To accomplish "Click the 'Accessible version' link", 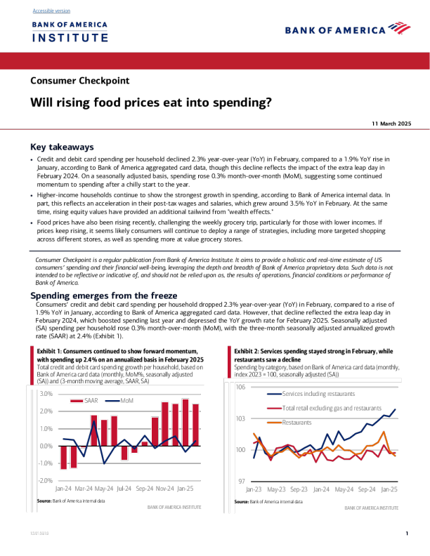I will pos(51,11).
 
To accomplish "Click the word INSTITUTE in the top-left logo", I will pos(70,37).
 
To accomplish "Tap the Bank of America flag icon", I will pos(399,29).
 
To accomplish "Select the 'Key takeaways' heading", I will pos(62,147).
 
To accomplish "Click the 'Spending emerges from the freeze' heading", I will pos(103,296).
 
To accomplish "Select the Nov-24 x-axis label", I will pos(164,488).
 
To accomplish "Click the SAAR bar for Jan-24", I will pos(63,457).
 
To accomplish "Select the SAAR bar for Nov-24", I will pos(165,423).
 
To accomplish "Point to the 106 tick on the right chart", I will pos(240,388).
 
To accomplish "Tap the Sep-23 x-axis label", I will pos(299,489).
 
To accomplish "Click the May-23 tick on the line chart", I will pos(276,489).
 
